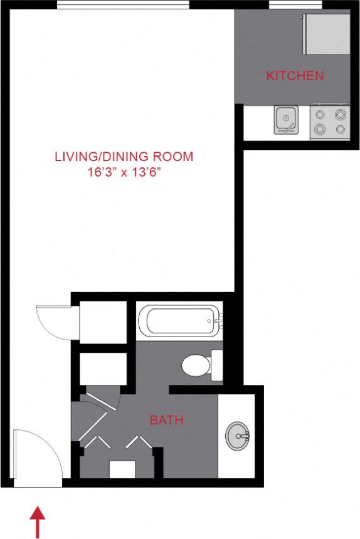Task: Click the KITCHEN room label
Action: pos(295,76)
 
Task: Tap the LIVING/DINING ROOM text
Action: pos(124,156)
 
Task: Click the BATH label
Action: pos(166,420)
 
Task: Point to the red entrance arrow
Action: pos(38,521)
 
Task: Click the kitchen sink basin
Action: pos(286,119)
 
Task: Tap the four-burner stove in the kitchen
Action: pos(330,122)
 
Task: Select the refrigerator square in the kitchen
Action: pos(326,34)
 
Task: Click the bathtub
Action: pos(178,322)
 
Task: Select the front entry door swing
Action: pos(36,454)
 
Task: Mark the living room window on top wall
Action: pos(123,5)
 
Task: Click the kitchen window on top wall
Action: pos(295,5)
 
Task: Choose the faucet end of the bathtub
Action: pos(216,322)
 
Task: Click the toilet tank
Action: pos(217,365)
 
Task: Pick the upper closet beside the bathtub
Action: pos(103,322)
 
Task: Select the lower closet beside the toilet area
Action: pos(103,369)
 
